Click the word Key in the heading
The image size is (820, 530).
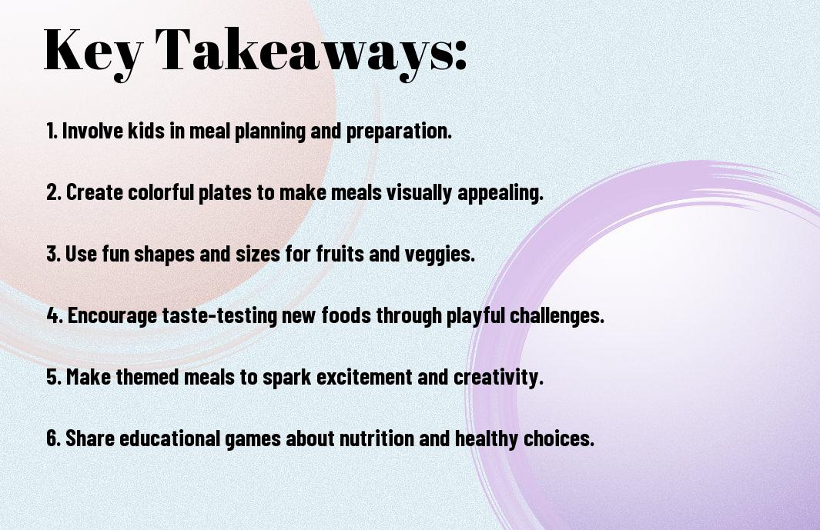coord(92,51)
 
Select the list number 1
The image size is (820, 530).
coord(51,131)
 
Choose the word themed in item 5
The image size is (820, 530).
coord(149,378)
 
